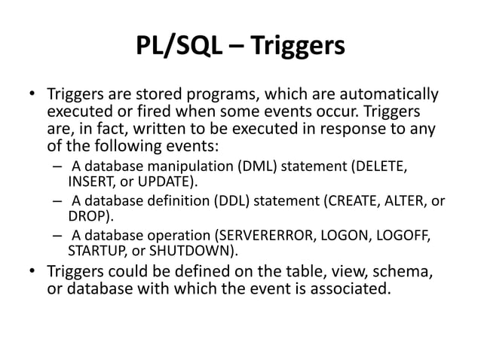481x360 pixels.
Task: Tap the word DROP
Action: [86, 216]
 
